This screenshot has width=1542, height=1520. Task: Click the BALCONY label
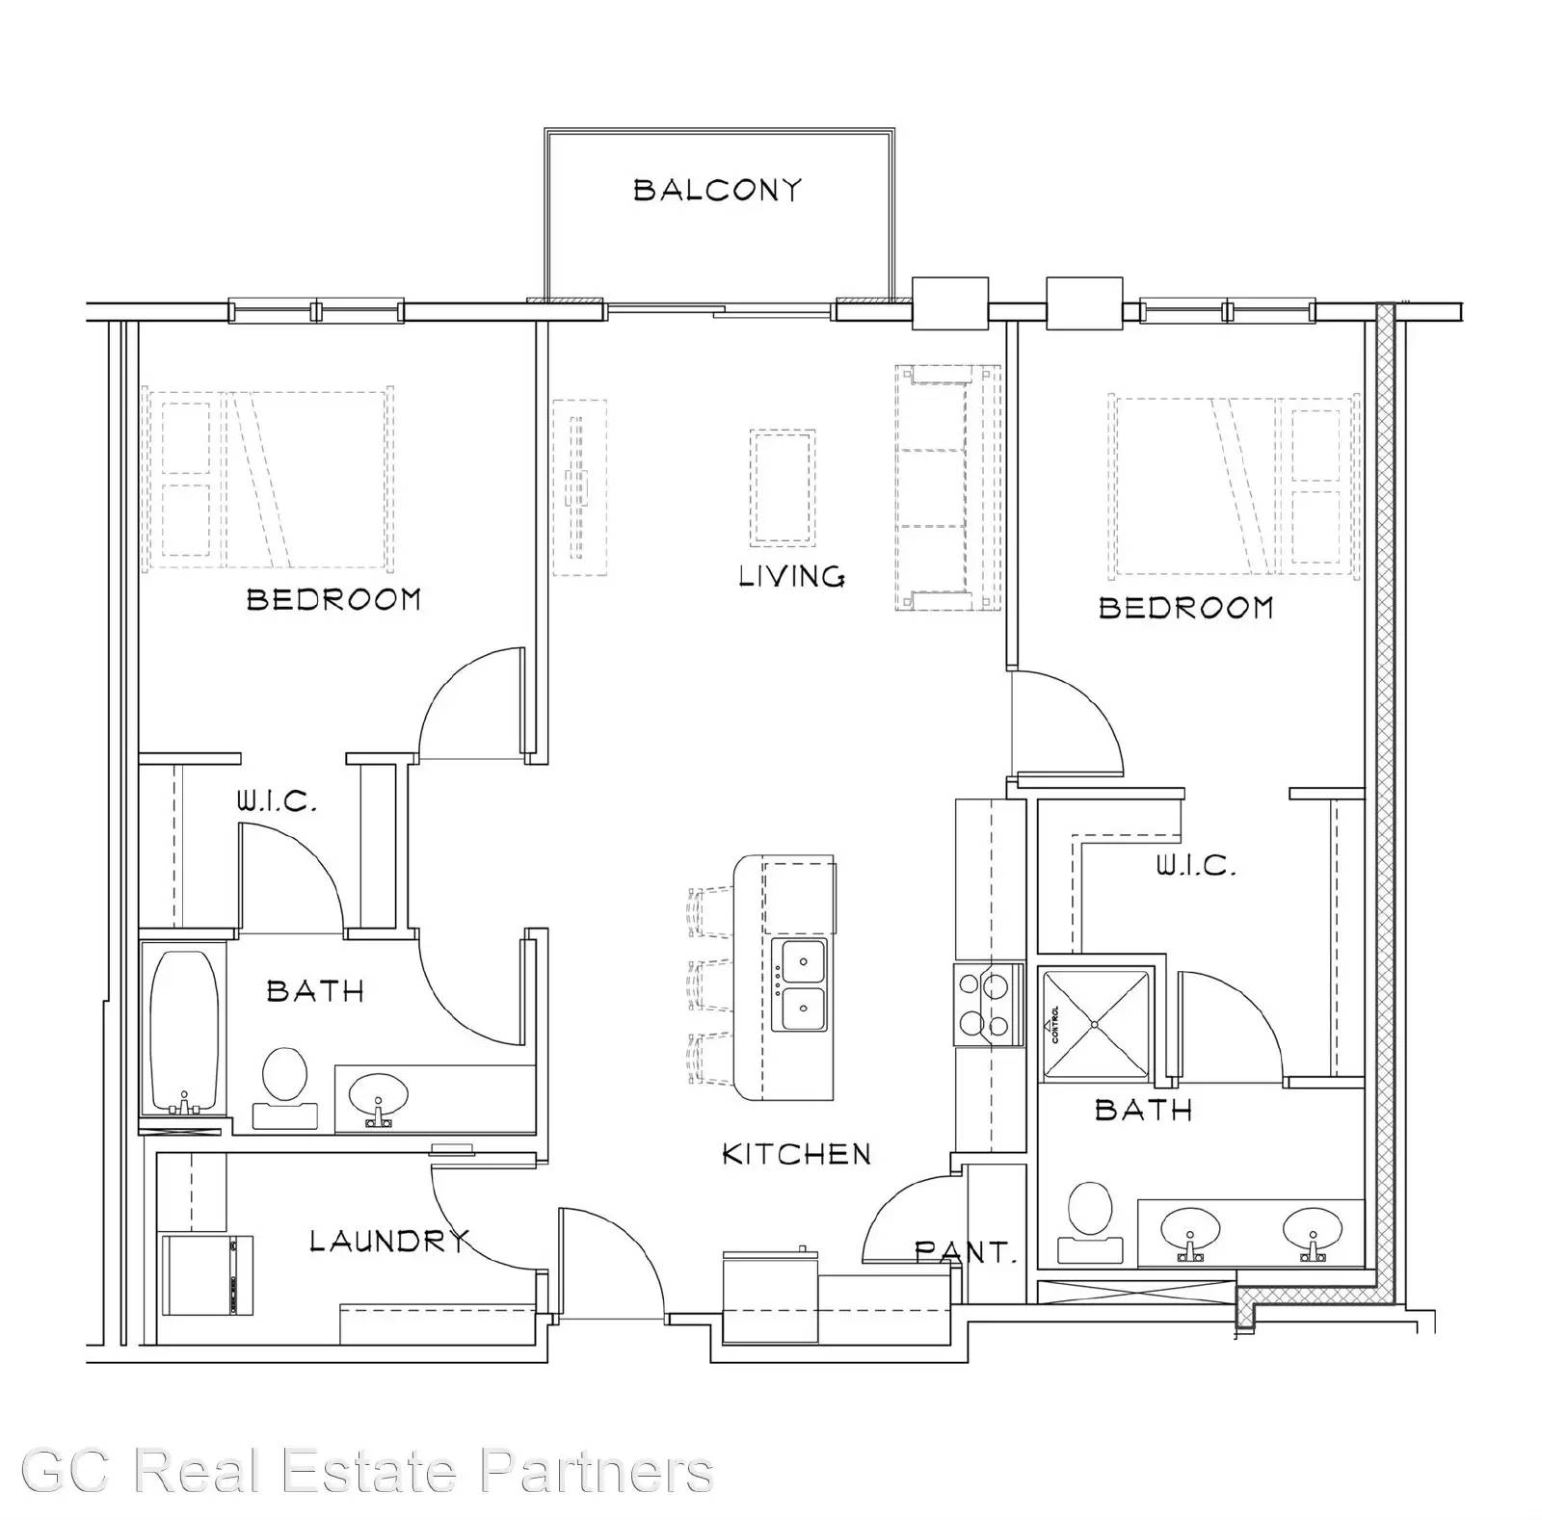pos(717,189)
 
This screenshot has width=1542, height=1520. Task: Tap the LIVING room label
pos(792,576)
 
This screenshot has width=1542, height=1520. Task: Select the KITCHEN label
pos(797,1153)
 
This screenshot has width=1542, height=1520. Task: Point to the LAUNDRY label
pos(390,1241)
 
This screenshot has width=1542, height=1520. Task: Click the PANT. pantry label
pos(966,1252)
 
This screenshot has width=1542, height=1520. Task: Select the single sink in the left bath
pos(378,1098)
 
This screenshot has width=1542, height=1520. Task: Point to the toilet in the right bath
pos(1091,1221)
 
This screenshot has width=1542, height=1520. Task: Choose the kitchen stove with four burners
pos(988,1004)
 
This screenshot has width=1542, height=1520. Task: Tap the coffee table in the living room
pos(783,487)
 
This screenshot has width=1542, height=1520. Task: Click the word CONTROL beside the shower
pos(1056,1025)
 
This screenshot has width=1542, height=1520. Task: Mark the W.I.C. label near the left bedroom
pos(277,800)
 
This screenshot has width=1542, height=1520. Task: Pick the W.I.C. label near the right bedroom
pos(1196,865)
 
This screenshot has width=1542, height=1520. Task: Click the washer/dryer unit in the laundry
pos(206,1275)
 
